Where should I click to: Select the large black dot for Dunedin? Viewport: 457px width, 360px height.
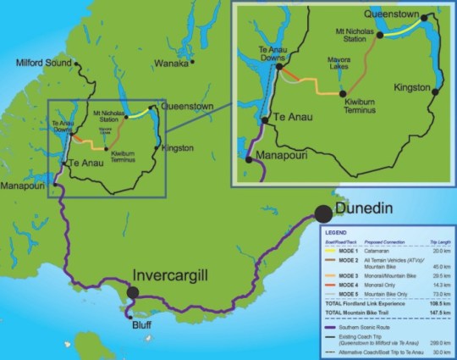324,214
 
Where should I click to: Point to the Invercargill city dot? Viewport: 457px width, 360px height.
133,293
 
